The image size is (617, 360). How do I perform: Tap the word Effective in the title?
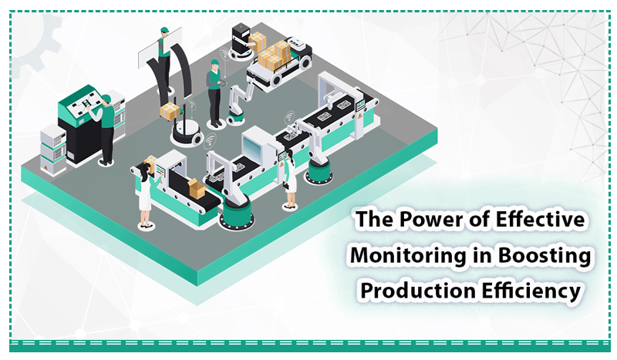pos(541,219)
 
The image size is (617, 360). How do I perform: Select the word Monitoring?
pos(408,256)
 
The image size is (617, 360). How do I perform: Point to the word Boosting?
pos(545,256)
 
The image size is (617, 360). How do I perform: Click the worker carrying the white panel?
pos(164,59)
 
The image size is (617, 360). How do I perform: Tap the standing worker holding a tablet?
pos(215,93)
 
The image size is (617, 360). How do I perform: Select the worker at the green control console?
pos(105,129)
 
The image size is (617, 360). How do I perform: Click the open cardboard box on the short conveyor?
pos(197,188)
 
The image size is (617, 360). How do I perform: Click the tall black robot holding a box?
pos(241,42)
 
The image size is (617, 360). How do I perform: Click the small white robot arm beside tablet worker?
pos(240,101)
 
